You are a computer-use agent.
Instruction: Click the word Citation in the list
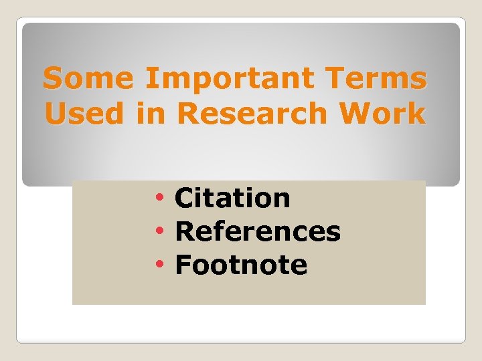coord(232,198)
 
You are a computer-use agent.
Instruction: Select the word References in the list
coord(258,231)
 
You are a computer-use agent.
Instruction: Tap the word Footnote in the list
coord(241,265)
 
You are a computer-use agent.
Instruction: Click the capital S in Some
coord(53,79)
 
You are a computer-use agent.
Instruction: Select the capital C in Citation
coord(183,198)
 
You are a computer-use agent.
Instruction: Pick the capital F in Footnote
coord(182,265)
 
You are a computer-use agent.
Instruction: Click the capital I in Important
coord(149,79)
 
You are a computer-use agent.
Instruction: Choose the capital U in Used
coord(55,114)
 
